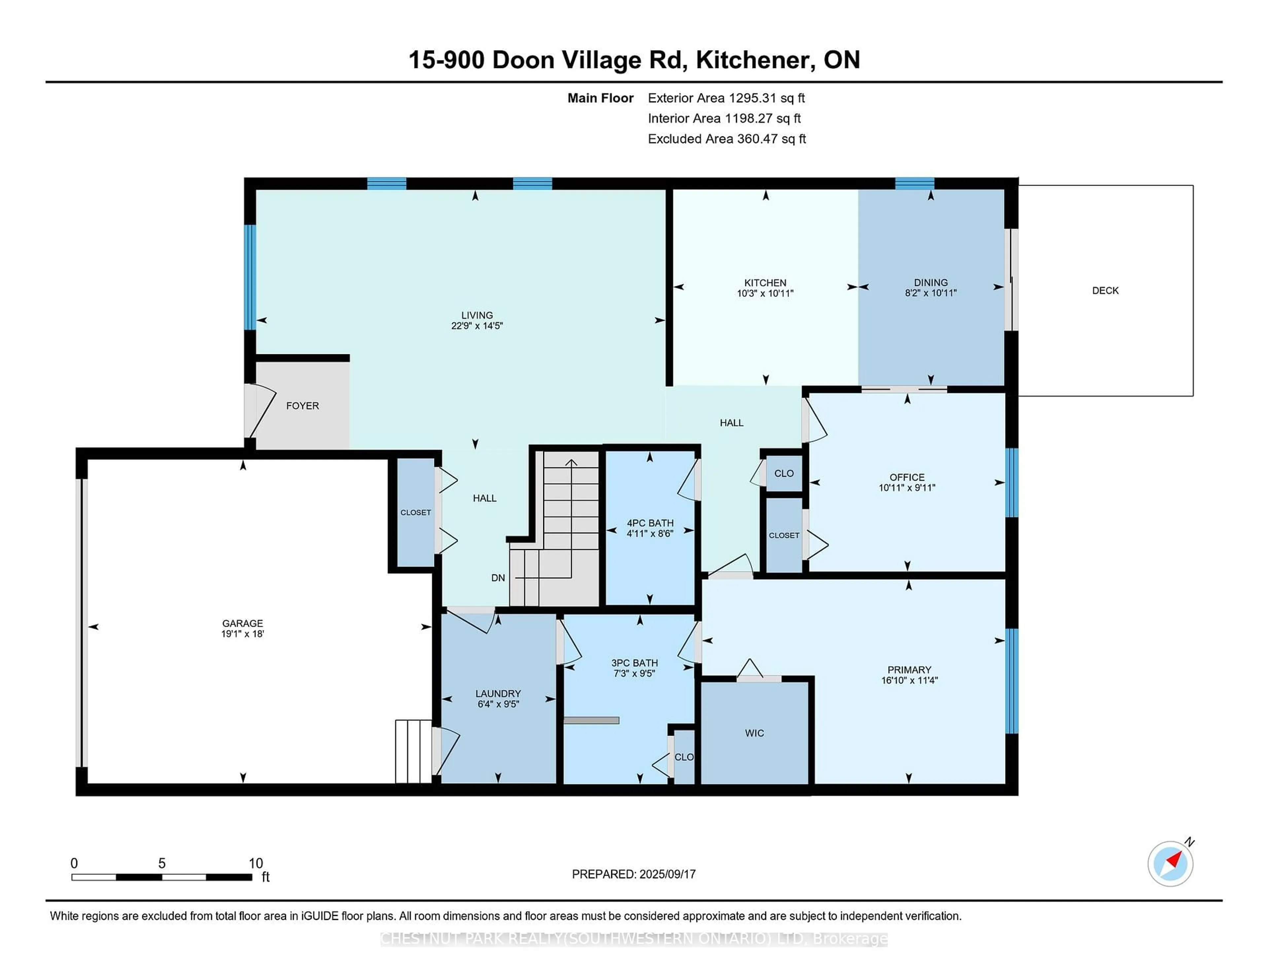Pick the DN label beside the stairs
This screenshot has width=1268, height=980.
498,578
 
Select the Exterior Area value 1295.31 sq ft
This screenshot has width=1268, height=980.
767,98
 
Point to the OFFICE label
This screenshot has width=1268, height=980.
907,477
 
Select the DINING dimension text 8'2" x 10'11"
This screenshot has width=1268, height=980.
931,293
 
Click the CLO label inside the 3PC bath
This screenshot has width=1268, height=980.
684,757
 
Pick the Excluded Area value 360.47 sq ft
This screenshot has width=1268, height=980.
772,139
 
